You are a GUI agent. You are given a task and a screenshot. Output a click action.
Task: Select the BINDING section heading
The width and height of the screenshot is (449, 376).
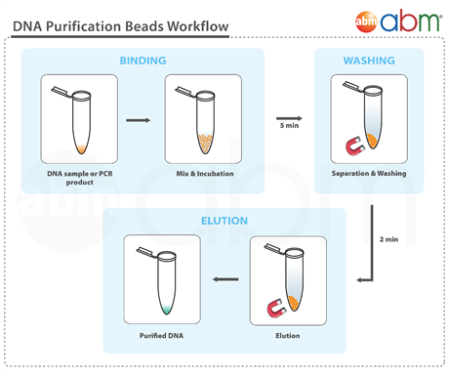click(x=143, y=61)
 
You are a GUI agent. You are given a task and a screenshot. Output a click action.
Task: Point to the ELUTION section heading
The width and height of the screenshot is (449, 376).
click(x=224, y=221)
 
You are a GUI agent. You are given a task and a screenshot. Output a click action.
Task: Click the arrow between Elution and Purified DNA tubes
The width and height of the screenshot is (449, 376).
click(x=225, y=280)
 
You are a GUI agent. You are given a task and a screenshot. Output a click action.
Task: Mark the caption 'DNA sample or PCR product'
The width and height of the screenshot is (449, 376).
click(x=73, y=178)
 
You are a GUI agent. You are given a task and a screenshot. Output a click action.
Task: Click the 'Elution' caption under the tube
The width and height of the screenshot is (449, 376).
click(x=287, y=335)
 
